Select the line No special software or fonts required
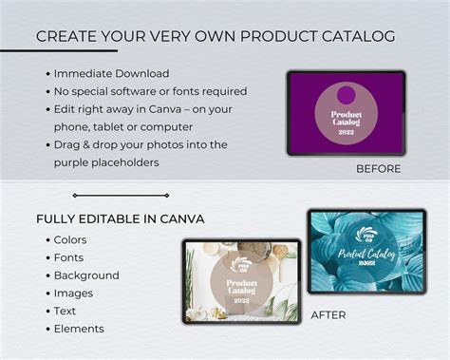coord(150,91)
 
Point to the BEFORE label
coord(378,169)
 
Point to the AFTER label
coord(328,314)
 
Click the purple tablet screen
coord(346,113)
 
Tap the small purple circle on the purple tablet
coord(346,95)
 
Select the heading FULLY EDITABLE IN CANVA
coord(120,219)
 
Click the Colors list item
coord(70,240)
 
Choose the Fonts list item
coord(68,258)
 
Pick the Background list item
coord(85,275)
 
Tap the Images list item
coord(73,294)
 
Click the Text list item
coord(66,312)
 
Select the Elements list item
coord(79,329)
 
